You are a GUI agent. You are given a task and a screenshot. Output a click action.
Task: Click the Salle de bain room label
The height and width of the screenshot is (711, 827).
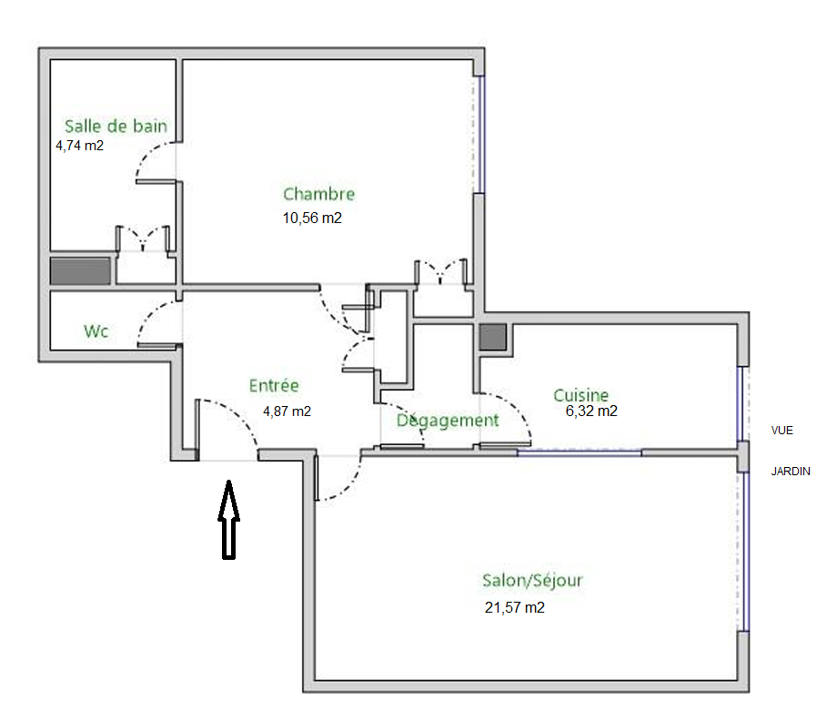click(116, 127)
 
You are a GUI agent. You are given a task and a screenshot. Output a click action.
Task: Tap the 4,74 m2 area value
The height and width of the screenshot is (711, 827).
click(80, 146)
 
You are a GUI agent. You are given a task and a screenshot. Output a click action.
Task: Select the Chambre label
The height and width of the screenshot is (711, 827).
click(319, 194)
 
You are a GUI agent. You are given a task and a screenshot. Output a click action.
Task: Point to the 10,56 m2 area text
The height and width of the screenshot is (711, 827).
click(312, 218)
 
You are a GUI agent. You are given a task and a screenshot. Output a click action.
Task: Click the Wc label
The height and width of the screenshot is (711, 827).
click(96, 331)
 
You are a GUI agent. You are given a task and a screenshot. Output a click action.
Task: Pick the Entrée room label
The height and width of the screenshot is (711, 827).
click(274, 385)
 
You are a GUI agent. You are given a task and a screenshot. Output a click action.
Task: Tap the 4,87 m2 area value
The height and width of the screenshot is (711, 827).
click(287, 411)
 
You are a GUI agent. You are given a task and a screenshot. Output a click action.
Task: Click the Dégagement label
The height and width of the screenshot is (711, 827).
click(448, 421)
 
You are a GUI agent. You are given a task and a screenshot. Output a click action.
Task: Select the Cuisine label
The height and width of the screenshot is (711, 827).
click(580, 395)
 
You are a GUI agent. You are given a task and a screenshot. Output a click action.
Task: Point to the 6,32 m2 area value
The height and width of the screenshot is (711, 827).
click(591, 411)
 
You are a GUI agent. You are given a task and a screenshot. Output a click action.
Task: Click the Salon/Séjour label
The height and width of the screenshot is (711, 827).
click(532, 581)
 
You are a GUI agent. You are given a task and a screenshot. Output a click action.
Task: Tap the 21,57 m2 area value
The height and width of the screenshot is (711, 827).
click(515, 607)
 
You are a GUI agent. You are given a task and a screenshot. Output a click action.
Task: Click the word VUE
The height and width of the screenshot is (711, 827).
click(782, 431)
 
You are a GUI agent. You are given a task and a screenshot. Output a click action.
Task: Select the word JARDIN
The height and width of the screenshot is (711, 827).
click(791, 472)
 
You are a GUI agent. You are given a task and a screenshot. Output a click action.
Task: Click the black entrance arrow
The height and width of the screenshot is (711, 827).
click(228, 520)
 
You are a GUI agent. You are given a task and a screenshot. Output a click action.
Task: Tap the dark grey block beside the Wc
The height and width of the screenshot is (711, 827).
click(80, 271)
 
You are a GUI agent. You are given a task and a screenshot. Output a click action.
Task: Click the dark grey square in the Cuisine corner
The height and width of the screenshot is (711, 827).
click(493, 337)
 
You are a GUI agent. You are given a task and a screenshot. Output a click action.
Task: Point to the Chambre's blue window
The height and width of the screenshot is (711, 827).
click(479, 135)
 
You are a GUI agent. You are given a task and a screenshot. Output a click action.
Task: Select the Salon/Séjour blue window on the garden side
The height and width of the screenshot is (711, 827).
click(743, 552)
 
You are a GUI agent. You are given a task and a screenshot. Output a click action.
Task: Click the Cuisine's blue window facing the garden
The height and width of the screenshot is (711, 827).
click(742, 404)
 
